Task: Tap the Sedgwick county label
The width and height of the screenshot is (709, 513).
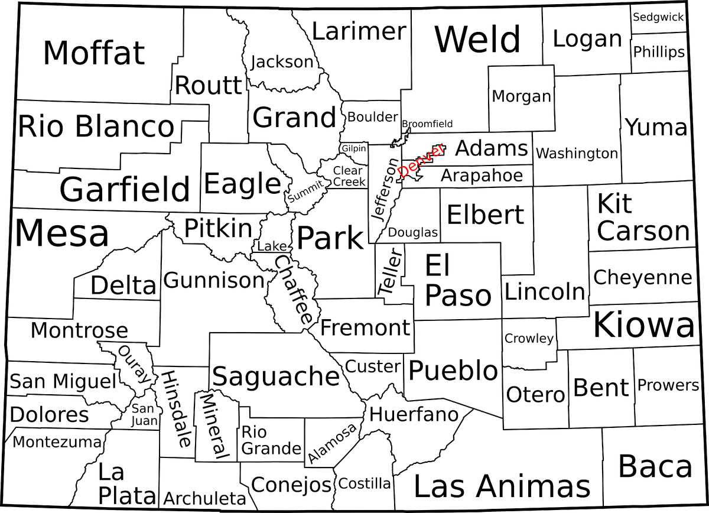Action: click(x=658, y=17)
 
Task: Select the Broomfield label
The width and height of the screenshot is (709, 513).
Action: click(x=427, y=124)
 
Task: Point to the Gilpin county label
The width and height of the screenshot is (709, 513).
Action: click(x=354, y=148)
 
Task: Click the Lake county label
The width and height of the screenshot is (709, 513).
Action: click(x=272, y=246)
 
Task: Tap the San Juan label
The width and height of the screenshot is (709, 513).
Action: click(x=145, y=414)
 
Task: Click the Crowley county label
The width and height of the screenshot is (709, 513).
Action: click(x=529, y=339)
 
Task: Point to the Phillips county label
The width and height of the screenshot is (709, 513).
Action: click(x=659, y=52)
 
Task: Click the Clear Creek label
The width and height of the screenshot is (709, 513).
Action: click(x=349, y=176)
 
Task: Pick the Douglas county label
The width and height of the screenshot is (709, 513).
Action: click(x=413, y=233)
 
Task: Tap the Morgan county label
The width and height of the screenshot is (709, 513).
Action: click(x=521, y=96)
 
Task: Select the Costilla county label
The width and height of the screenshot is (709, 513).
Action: click(x=365, y=483)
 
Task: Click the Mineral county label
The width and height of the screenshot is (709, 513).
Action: click(x=213, y=427)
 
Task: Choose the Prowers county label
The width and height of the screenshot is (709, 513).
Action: click(x=668, y=385)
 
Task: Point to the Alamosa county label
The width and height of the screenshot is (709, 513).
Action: click(x=333, y=443)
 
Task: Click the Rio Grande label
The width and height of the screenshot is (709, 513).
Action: click(x=271, y=440)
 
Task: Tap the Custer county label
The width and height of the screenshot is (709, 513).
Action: click(x=373, y=366)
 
